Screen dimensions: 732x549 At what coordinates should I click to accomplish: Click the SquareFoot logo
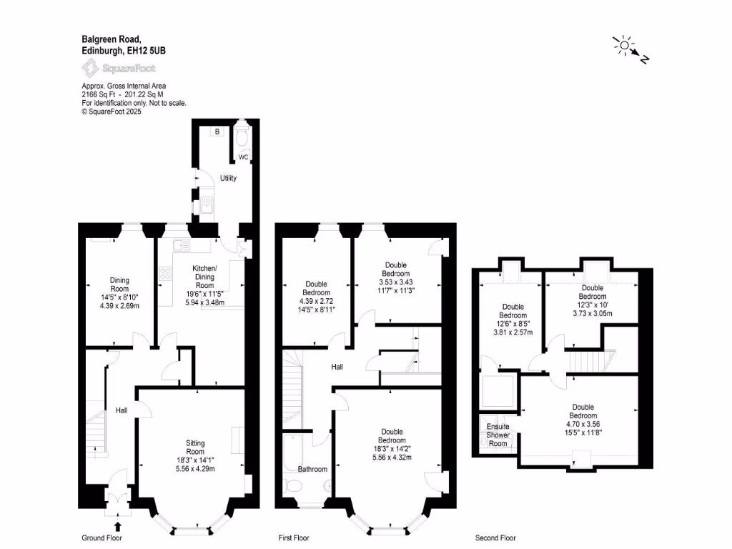(x=119, y=69)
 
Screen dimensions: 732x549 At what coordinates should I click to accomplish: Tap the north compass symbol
(x=630, y=49)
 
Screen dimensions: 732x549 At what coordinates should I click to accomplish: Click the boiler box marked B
(x=217, y=132)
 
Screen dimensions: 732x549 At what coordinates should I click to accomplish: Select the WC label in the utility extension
(x=243, y=157)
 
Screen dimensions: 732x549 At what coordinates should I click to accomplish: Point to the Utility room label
(x=228, y=178)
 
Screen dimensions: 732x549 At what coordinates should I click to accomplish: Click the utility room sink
(x=207, y=204)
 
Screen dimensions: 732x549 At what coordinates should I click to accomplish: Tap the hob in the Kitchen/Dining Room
(x=165, y=274)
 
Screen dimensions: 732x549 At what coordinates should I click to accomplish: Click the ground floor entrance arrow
(x=118, y=526)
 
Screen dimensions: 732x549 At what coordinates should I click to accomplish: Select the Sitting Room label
(x=195, y=447)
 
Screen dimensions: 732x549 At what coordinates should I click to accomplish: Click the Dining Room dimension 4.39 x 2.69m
(x=119, y=306)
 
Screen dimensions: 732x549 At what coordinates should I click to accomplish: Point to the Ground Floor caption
(x=102, y=538)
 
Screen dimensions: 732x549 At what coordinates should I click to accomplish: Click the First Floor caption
(x=294, y=538)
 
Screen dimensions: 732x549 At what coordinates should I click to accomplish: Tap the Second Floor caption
(x=495, y=538)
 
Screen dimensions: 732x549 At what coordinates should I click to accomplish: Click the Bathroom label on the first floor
(x=312, y=469)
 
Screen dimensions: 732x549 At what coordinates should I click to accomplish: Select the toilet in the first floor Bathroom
(x=294, y=486)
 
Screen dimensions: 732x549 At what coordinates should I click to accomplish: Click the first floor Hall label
(x=337, y=367)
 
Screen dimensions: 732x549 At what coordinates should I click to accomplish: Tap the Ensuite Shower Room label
(x=498, y=435)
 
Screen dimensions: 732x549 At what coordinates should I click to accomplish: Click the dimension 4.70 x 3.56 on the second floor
(x=583, y=424)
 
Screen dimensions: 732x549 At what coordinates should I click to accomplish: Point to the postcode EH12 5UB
(x=147, y=51)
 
